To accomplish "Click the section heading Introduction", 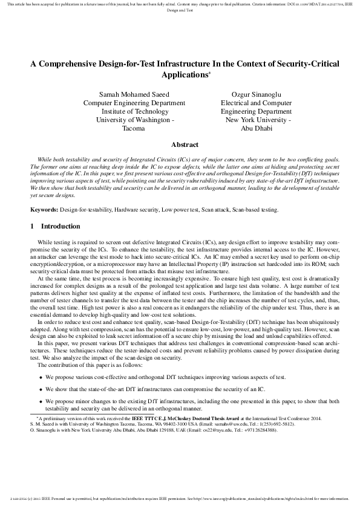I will [x=61, y=227].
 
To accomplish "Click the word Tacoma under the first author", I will [x=134, y=129].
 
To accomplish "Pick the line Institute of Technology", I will [x=134, y=112].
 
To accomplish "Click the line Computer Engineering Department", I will [x=134, y=103].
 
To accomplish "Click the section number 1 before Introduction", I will [x=33, y=227].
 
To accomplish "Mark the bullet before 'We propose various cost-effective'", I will [x=41, y=377].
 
